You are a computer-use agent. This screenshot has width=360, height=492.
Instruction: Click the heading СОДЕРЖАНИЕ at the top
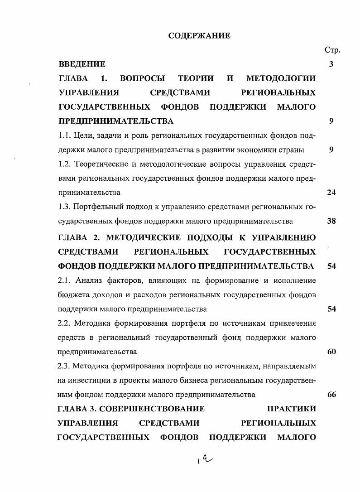(199, 36)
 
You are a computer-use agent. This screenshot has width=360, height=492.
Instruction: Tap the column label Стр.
(332, 50)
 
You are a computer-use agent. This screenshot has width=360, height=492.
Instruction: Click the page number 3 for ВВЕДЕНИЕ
(331, 64)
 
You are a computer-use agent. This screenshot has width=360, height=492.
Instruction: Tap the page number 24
(331, 193)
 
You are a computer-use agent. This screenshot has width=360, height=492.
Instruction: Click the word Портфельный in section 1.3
(98, 207)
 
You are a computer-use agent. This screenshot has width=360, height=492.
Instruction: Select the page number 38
(331, 221)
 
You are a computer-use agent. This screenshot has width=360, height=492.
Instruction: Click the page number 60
(331, 352)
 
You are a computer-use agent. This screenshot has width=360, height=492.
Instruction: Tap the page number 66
(331, 395)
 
